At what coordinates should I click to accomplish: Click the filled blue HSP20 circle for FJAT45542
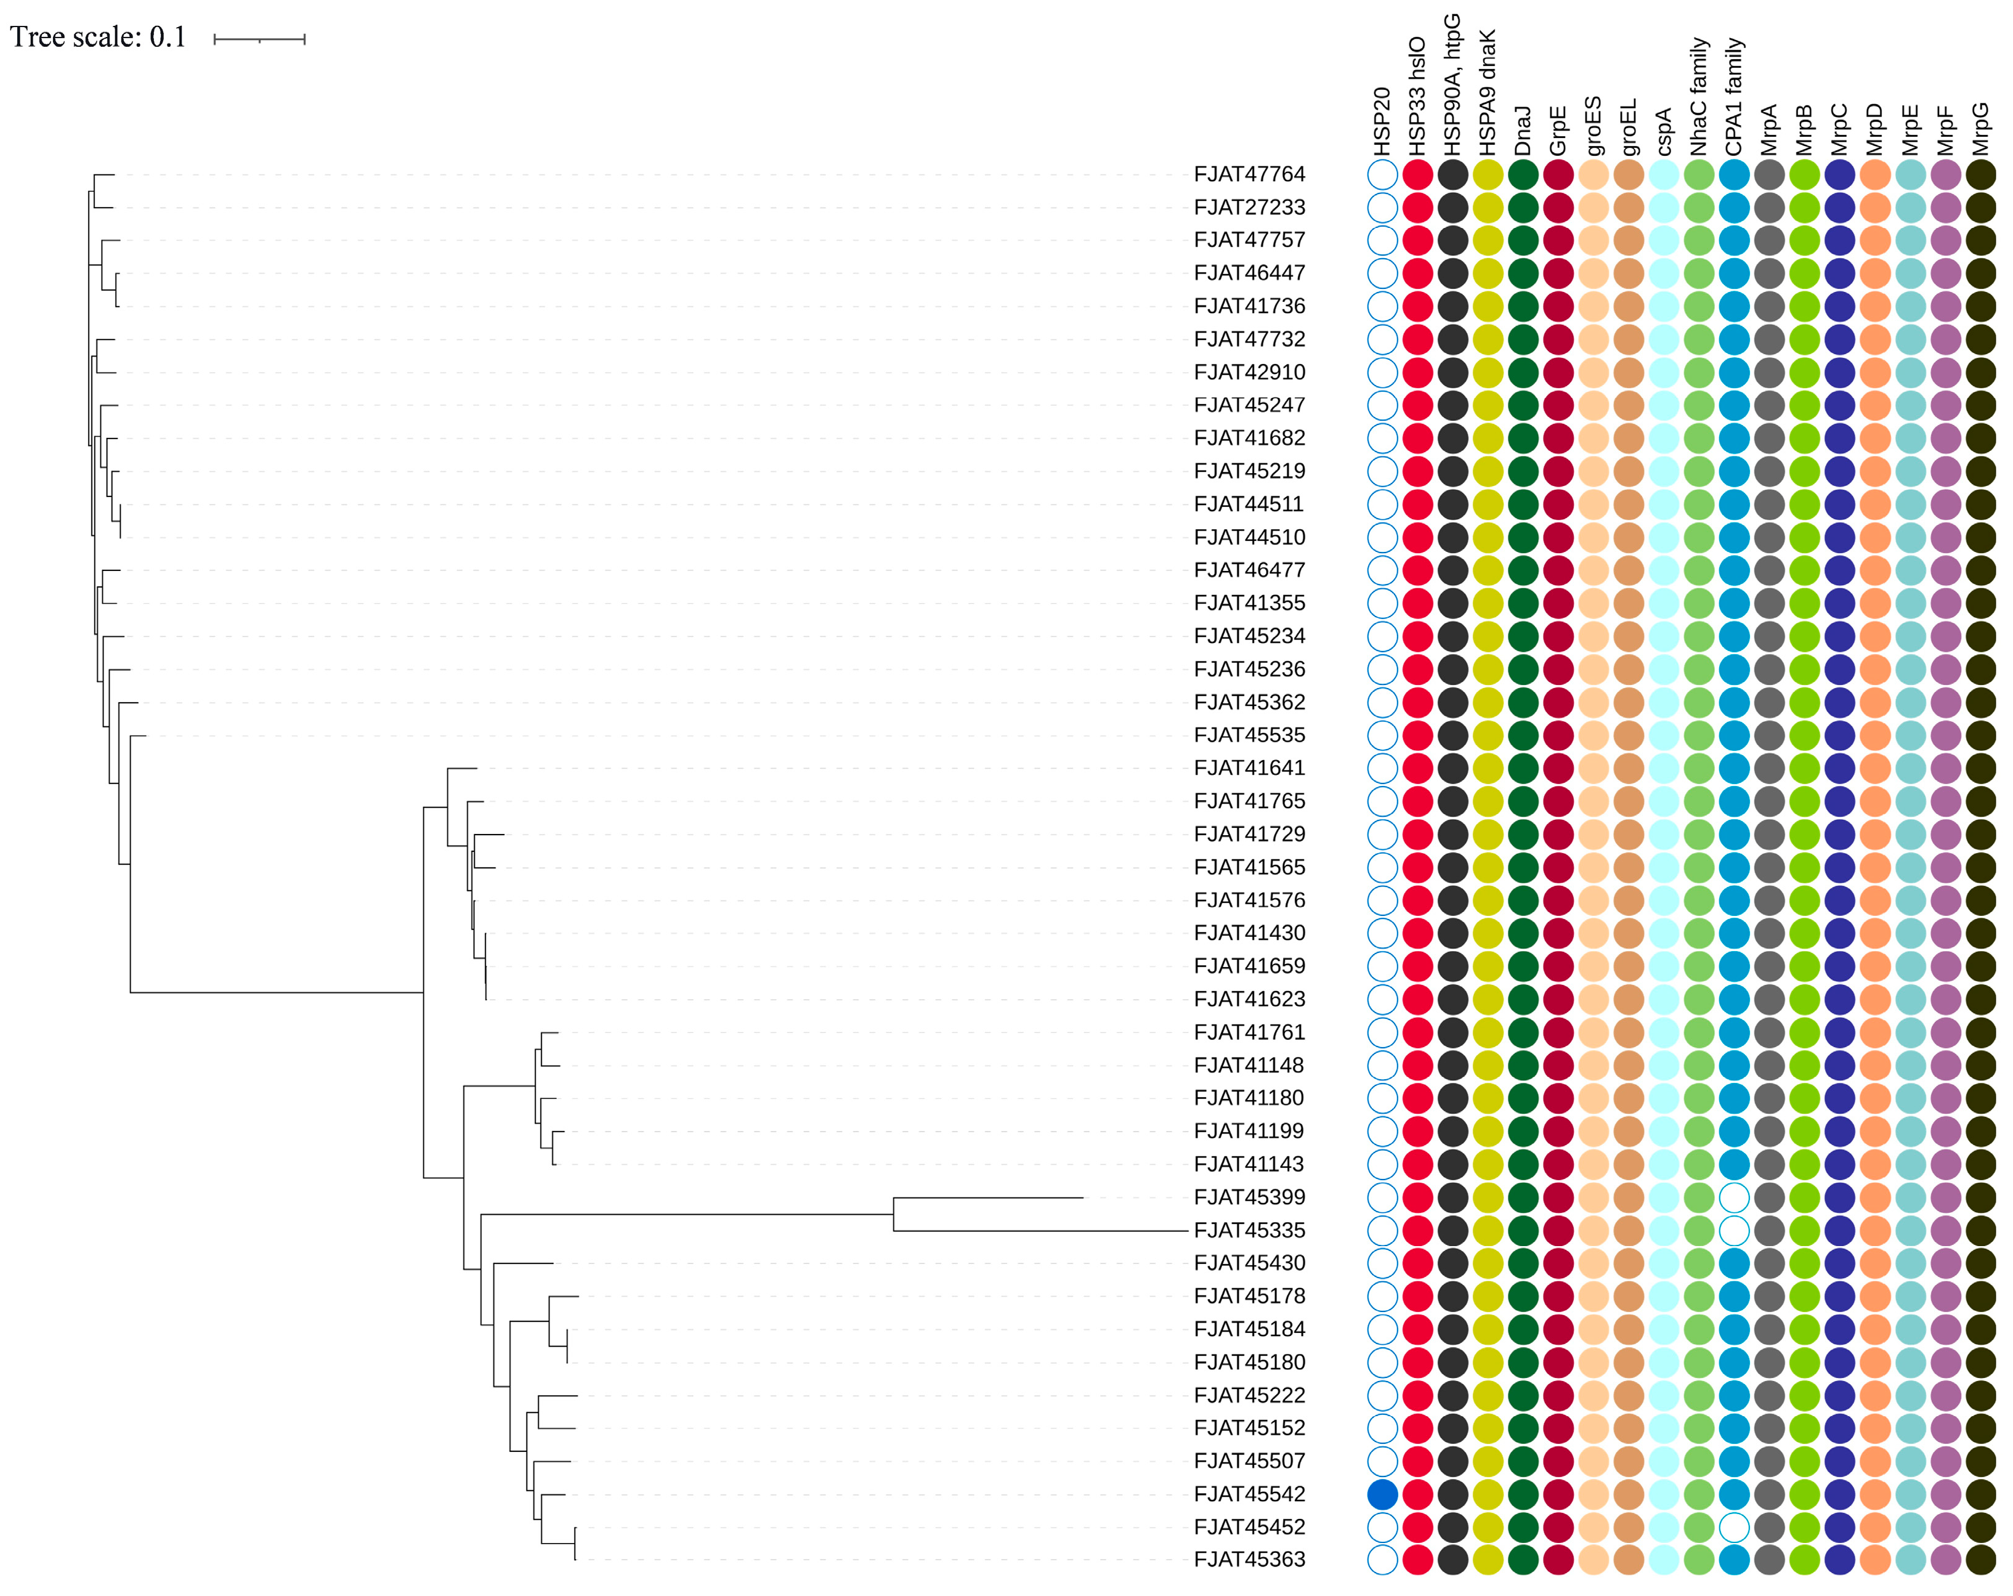point(1382,1493)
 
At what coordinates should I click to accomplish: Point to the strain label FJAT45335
point(1249,1230)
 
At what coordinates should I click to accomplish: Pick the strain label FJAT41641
point(1249,768)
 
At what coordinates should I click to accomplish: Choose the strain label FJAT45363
point(1249,1558)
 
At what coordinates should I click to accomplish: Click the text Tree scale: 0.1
point(98,38)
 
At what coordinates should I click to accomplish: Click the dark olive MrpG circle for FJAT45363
point(1980,1558)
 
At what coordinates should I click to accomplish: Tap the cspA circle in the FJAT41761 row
point(1664,1032)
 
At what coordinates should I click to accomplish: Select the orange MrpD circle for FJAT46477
point(1875,570)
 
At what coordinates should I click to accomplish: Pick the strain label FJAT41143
point(1249,1164)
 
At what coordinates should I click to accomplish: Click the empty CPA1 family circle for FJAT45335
point(1734,1230)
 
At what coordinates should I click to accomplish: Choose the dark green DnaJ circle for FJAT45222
point(1523,1395)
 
